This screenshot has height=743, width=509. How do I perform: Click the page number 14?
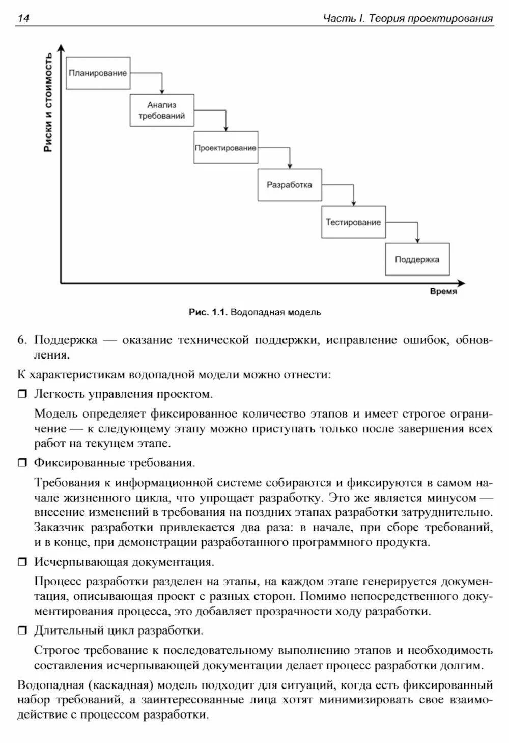(x=23, y=19)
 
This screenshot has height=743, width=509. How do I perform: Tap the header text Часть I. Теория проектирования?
(x=408, y=19)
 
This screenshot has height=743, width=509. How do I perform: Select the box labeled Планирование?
(x=98, y=73)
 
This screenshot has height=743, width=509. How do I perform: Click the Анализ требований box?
(x=162, y=110)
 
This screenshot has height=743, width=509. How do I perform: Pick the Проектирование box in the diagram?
(x=225, y=148)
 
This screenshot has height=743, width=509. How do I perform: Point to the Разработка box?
(x=289, y=185)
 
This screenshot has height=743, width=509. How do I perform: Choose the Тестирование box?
(x=353, y=222)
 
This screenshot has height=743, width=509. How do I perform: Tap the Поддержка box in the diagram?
(x=417, y=259)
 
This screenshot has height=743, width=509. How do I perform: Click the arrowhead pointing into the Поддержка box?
(x=417, y=240)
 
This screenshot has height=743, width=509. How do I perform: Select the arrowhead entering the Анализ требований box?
(x=162, y=91)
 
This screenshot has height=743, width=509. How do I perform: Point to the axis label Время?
(x=443, y=292)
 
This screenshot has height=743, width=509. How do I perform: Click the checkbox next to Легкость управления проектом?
(x=23, y=394)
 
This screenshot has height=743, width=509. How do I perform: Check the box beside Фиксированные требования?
(x=23, y=463)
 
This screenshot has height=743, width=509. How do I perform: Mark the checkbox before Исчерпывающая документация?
(x=23, y=562)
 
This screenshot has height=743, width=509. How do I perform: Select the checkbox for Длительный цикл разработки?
(x=23, y=631)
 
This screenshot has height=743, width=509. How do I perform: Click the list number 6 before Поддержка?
(x=21, y=340)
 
